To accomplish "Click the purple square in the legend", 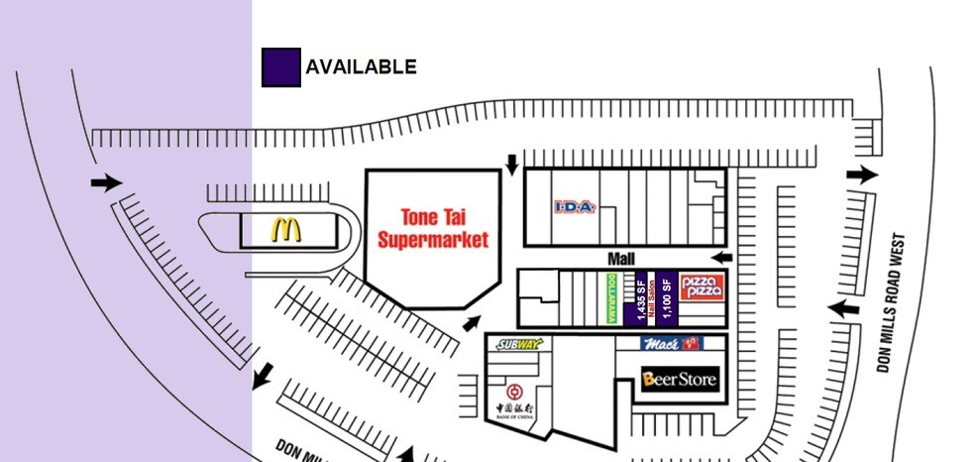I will coord(280,67).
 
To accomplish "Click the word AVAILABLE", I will coord(361,67).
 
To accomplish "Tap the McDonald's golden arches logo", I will coord(286,231).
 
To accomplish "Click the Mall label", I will coord(620,258).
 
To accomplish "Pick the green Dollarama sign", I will coord(612,297).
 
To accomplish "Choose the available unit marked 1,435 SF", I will coord(641,297).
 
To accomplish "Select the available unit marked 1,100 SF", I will coord(667,297).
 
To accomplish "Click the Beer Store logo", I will coord(679,379).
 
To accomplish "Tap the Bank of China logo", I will coord(515,397).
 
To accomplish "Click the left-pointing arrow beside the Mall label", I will coord(725,257).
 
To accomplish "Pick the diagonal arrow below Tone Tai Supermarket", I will coord(474,323).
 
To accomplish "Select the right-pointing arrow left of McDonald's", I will coord(104,182).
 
